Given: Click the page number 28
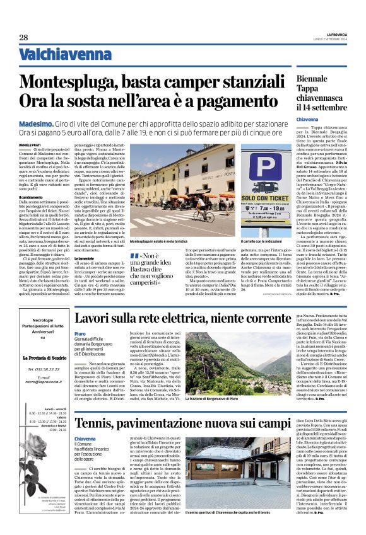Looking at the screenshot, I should (x=23, y=37).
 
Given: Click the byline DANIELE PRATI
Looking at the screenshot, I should (x=31, y=146).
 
